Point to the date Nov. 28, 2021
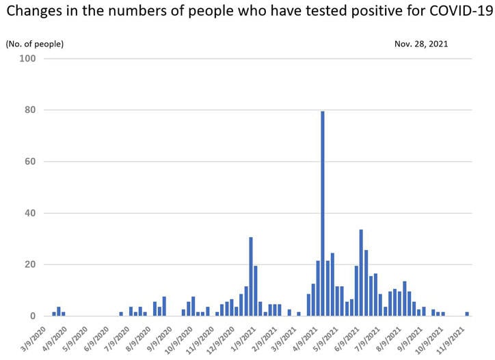[421, 44]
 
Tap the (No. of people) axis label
[35, 44]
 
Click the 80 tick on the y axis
[31, 110]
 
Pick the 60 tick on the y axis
[31, 162]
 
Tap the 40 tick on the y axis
[31, 213]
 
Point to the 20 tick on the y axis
[31, 265]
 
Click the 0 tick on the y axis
[34, 316]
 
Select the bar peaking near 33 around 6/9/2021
[361, 273]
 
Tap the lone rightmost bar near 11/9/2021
[467, 314]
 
